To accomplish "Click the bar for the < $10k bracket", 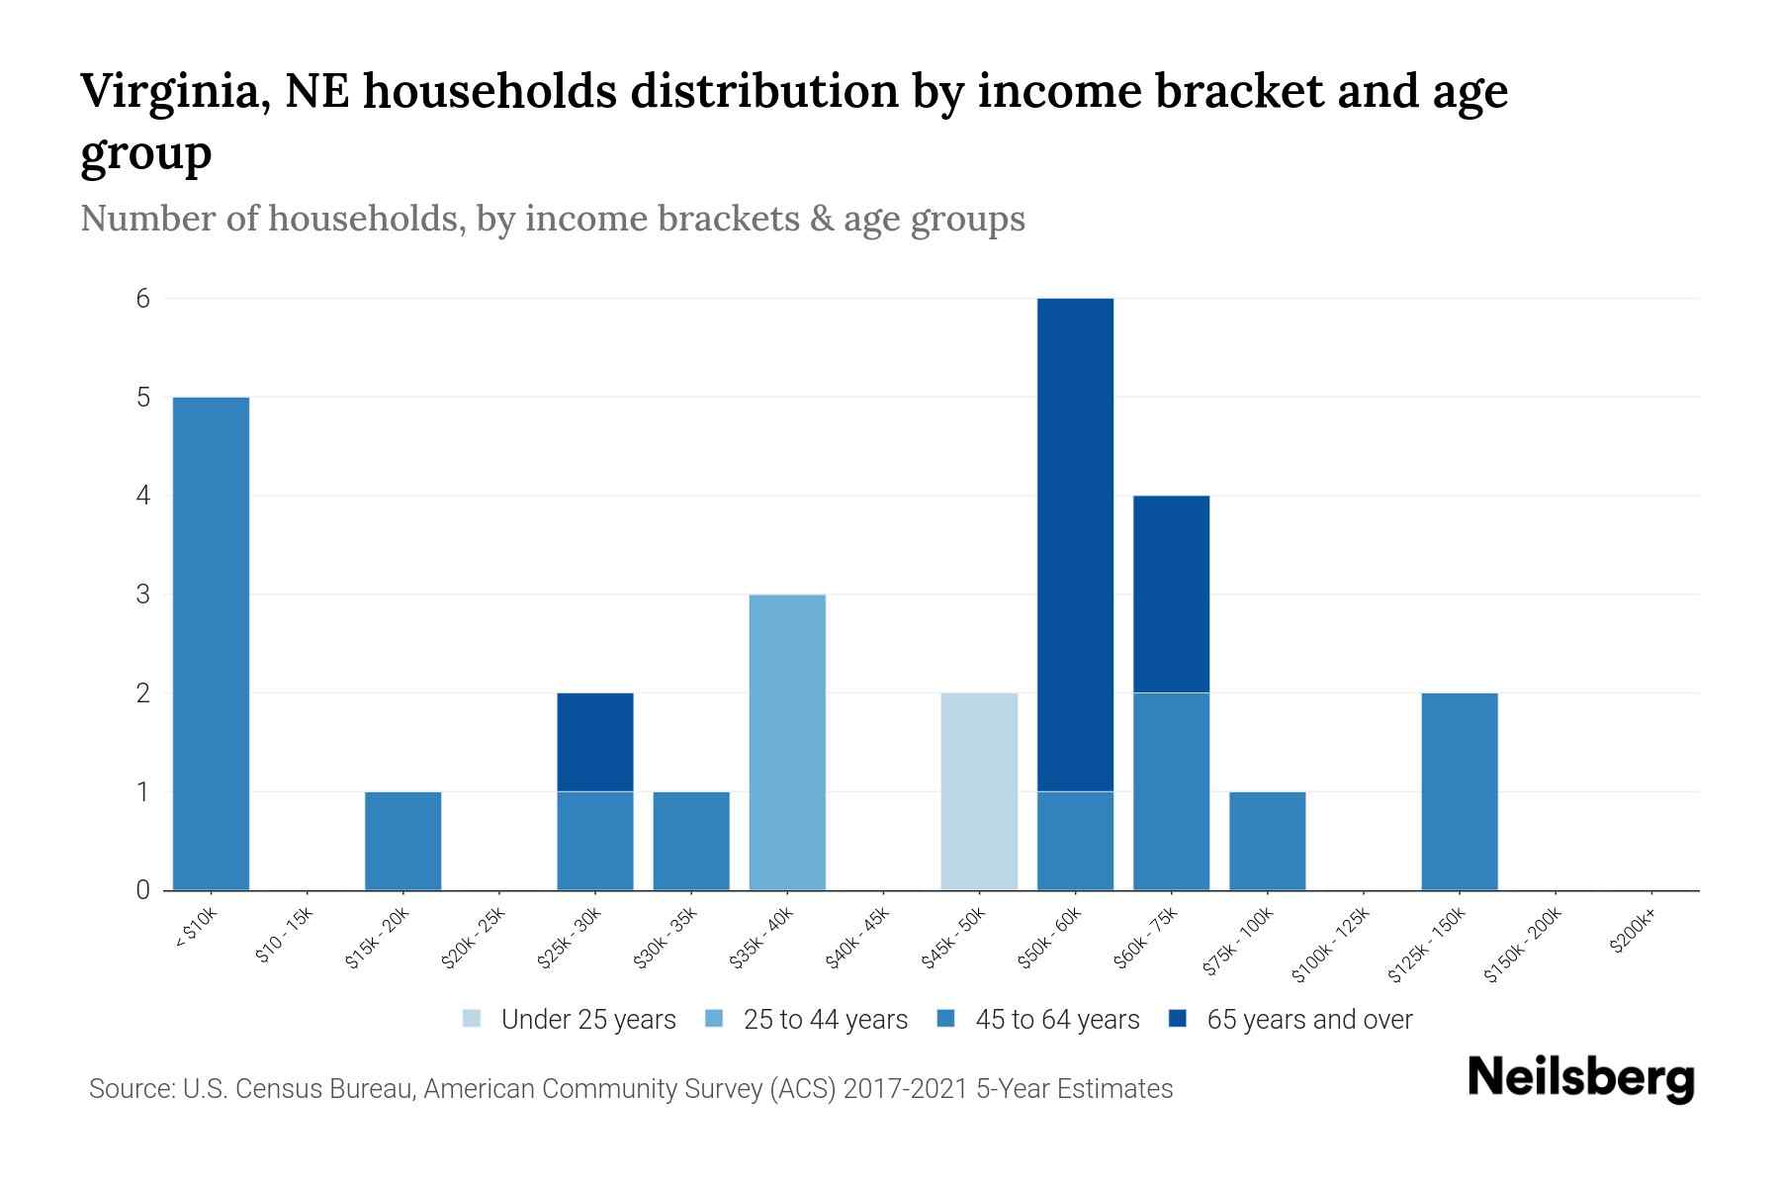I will (x=211, y=643).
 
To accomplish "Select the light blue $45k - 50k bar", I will (x=979, y=791).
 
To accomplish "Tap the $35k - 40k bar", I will (x=787, y=742).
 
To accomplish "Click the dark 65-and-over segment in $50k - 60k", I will (x=1075, y=544).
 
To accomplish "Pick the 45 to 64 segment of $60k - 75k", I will (x=1171, y=791).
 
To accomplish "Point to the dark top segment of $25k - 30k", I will (x=595, y=742).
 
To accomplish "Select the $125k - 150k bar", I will (x=1459, y=791).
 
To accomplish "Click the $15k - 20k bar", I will (x=402, y=841).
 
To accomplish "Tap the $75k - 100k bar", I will (x=1267, y=841).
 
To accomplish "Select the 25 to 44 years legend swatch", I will (x=715, y=1019).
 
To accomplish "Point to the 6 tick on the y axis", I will (x=143, y=298).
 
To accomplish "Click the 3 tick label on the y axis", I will (x=143, y=594).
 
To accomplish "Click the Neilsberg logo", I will (x=1580, y=1078).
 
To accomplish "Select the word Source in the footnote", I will (x=130, y=1089).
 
